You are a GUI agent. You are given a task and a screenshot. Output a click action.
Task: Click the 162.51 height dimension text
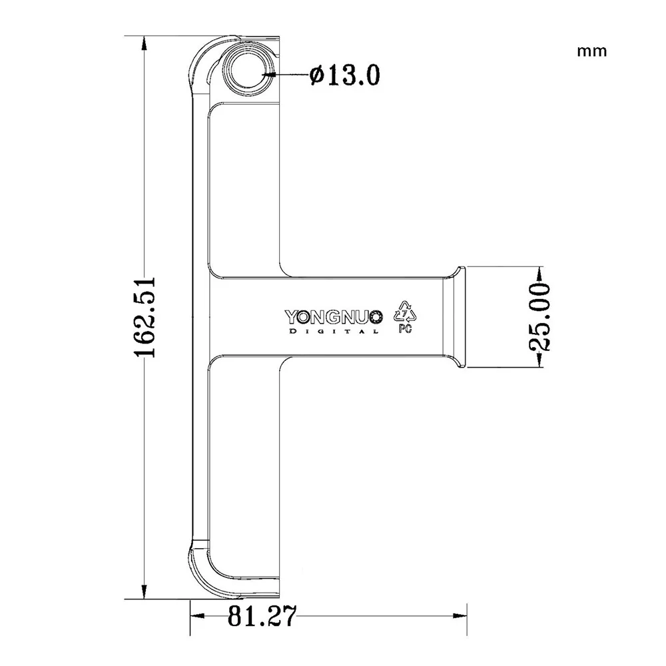(145, 317)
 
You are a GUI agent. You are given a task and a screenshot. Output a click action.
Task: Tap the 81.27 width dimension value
(261, 616)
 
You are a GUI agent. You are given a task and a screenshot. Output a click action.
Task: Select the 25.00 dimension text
(540, 317)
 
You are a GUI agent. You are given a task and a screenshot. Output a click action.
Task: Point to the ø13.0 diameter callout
(344, 76)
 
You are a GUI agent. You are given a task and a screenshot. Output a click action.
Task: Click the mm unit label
(591, 51)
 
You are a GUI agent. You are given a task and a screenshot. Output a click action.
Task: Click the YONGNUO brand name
(334, 317)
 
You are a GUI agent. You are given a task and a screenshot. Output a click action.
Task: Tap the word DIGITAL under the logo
(334, 331)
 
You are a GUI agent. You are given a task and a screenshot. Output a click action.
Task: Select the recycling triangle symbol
(405, 312)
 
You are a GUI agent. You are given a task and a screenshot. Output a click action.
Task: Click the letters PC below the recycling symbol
(405, 328)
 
